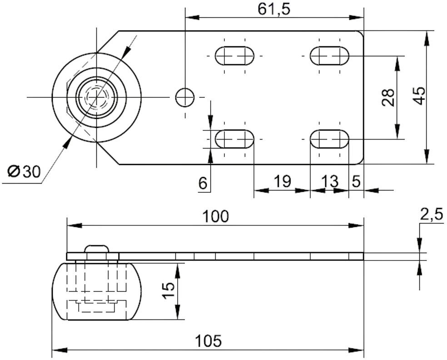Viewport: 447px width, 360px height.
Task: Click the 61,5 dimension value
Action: click(274, 9)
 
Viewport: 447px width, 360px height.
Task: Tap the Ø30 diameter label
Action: click(24, 171)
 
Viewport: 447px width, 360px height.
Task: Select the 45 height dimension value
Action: click(419, 96)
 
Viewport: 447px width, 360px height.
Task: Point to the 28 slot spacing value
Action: click(388, 98)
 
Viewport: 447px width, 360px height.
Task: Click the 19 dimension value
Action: click(283, 181)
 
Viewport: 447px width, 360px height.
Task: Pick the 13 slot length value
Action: click(330, 181)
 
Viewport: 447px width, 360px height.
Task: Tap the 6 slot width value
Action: click(203, 183)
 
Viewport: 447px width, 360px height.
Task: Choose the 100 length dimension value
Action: click(215, 216)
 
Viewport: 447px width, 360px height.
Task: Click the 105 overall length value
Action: click(208, 340)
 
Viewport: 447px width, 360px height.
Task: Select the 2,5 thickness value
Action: click(431, 214)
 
